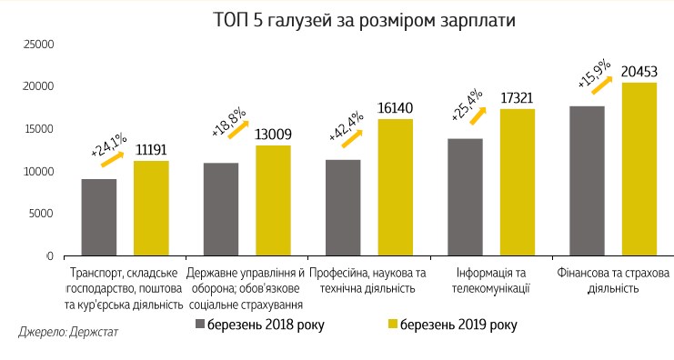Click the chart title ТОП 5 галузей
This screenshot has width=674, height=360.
(337, 20)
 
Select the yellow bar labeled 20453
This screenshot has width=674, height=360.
(639, 169)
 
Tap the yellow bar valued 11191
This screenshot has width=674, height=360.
(151, 208)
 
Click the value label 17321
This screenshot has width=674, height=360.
(518, 98)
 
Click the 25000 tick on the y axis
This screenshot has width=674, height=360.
(39, 44)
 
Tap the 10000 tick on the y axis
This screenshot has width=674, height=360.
(39, 172)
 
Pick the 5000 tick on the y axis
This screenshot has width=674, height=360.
(42, 215)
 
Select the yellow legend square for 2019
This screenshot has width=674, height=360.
(393, 325)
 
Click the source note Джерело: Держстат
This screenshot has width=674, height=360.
(68, 333)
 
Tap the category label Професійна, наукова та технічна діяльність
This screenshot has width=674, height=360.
(368, 281)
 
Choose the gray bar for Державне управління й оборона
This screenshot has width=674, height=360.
(221, 209)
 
